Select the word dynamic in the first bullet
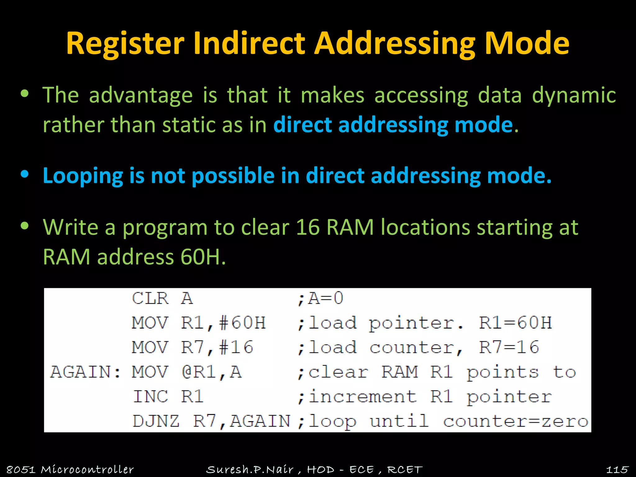pos(574,95)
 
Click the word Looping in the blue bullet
pos(83,176)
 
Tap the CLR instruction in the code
pos(150,298)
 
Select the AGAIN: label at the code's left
pos(86,372)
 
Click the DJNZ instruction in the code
pos(156,421)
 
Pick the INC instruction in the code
pos(151,397)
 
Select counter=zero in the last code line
pos(516,421)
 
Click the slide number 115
pos(617,469)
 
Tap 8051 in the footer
pos(21,469)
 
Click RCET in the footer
pos(405,469)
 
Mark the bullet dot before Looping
pos(25,174)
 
